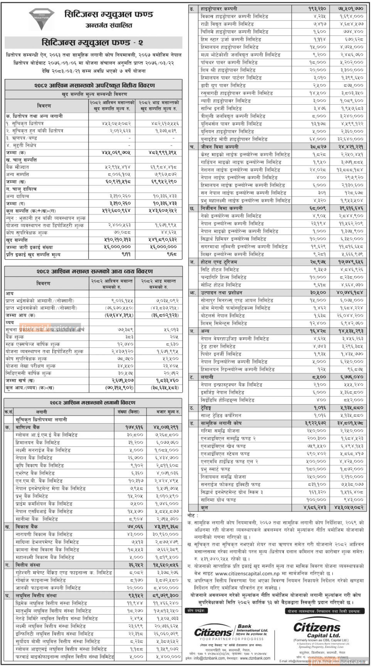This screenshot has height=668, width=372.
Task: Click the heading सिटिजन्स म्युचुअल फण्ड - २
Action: click(x=93, y=42)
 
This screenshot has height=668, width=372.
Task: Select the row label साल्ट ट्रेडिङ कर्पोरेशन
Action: click(x=221, y=415)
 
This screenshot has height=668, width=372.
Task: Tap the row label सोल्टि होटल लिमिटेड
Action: click(x=221, y=285)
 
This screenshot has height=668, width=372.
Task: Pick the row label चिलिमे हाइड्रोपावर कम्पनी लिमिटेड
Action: click(x=234, y=32)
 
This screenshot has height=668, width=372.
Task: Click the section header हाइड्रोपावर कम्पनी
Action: click(x=219, y=9)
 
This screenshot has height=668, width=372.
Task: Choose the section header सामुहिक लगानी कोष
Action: click(x=221, y=423)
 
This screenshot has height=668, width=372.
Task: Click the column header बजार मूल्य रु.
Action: click(x=164, y=412)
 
